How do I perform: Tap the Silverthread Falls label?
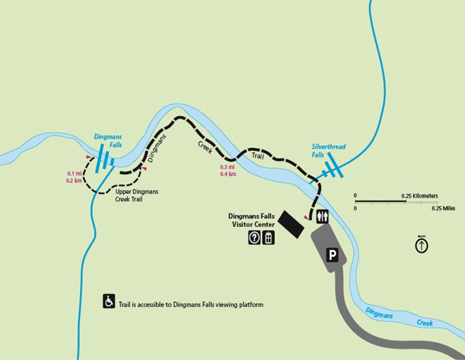pyautogui.click(x=328, y=150)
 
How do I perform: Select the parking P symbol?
pyautogui.click(x=332, y=254)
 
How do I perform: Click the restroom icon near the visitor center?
pyautogui.click(x=322, y=217)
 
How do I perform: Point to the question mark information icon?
pyautogui.click(x=254, y=238)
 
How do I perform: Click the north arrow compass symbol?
pyautogui.click(x=421, y=245)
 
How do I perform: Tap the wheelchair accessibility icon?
pyautogui.click(x=109, y=301)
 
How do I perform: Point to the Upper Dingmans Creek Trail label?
pyautogui.click(x=135, y=195)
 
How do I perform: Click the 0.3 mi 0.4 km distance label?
pyautogui.click(x=229, y=171)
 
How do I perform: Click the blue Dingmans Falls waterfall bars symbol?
pyautogui.click(x=103, y=157)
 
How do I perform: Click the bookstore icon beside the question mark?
pyautogui.click(x=268, y=238)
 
